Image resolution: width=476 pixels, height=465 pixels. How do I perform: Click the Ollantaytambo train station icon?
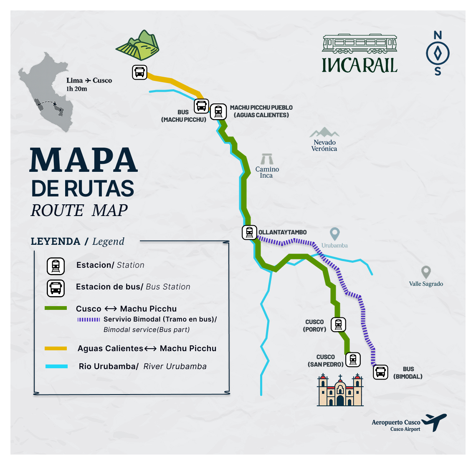(249, 232)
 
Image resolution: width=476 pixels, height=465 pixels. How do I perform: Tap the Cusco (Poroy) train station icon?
(338, 324)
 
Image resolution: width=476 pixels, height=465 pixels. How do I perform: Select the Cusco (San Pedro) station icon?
(353, 359)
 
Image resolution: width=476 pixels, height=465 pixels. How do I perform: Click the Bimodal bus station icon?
(380, 372)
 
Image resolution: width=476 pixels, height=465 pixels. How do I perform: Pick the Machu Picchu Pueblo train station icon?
(218, 111)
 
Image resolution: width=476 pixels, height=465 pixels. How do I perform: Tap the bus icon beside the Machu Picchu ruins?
(139, 72)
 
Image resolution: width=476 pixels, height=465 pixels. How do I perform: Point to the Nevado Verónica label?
(324, 146)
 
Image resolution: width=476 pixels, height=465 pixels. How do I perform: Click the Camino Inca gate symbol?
(266, 159)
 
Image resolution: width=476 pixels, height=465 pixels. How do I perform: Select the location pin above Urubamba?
(334, 234)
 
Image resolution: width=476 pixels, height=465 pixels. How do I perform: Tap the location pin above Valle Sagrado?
(426, 272)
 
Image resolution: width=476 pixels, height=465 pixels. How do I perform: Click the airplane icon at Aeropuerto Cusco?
(435, 422)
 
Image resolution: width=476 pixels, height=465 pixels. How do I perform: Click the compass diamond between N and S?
(438, 53)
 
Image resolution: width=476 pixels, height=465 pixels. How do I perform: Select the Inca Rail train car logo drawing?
(360, 44)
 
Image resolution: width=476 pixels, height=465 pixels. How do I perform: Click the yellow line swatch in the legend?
(56, 348)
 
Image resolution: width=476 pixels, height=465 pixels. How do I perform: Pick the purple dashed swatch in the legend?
(89, 319)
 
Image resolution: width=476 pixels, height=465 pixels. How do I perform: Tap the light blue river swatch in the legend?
(56, 367)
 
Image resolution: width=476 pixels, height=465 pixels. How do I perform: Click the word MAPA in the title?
(84, 160)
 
